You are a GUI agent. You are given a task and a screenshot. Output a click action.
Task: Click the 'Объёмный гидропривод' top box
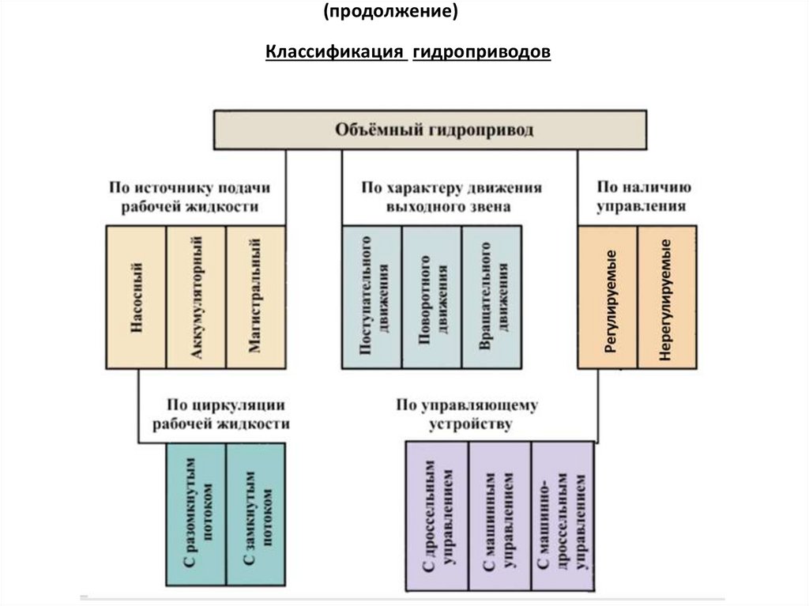[x=430, y=130]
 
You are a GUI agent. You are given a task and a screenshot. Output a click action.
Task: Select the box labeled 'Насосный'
[x=136, y=297]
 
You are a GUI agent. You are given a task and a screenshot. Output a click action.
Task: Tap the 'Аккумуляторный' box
[x=196, y=297]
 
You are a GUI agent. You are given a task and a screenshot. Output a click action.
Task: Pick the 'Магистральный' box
[x=255, y=297]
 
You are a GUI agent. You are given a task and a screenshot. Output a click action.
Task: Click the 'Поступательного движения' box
[x=371, y=297]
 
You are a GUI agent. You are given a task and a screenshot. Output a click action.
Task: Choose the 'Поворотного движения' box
[x=431, y=297]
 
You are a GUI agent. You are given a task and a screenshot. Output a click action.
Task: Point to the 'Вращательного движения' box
[x=491, y=297]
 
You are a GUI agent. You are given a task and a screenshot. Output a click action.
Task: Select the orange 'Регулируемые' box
[x=608, y=297]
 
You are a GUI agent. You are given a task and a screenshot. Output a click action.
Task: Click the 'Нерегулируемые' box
[x=667, y=297]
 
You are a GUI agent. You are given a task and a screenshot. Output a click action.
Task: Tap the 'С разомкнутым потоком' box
[x=196, y=514]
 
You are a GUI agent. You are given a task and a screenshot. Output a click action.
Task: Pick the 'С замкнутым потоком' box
[x=255, y=514]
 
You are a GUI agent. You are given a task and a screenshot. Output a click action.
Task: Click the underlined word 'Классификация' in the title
[x=336, y=53]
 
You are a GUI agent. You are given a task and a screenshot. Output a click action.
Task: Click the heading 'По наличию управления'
[x=643, y=197]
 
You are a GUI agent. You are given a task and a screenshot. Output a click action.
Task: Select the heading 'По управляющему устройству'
[x=467, y=414]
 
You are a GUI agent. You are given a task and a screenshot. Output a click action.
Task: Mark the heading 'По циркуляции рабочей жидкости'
[x=221, y=414]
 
